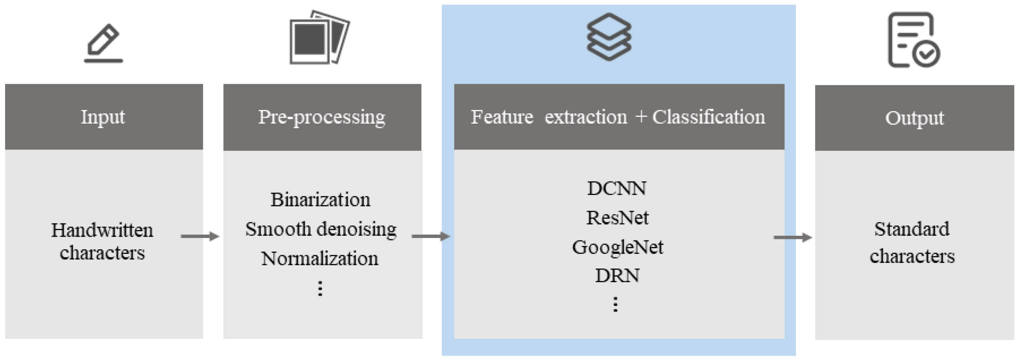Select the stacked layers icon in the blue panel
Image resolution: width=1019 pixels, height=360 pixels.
(x=609, y=37)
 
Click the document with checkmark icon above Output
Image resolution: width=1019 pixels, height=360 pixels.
(x=913, y=40)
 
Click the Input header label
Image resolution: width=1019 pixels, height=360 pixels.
(x=103, y=117)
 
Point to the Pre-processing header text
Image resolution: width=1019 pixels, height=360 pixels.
(x=321, y=117)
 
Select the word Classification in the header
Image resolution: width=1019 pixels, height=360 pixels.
(x=708, y=117)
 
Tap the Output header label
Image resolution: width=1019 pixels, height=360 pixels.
(x=914, y=118)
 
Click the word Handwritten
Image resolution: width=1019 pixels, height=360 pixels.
(x=102, y=230)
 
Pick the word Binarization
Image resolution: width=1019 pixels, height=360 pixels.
(x=321, y=199)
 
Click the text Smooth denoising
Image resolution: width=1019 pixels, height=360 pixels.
(x=321, y=229)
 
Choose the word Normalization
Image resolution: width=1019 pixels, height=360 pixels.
(x=320, y=258)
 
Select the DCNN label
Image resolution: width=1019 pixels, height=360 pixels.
(x=617, y=188)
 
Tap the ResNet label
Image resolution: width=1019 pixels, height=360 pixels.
(x=617, y=218)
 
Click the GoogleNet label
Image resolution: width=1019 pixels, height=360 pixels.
(x=617, y=247)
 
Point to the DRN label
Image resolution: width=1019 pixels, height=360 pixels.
(x=617, y=276)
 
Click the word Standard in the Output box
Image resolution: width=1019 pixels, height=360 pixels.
(x=911, y=229)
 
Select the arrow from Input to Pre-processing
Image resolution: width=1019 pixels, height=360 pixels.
(x=200, y=237)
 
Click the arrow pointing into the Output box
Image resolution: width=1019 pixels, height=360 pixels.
(x=792, y=237)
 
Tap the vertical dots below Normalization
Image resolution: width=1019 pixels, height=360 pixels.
(x=320, y=288)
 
